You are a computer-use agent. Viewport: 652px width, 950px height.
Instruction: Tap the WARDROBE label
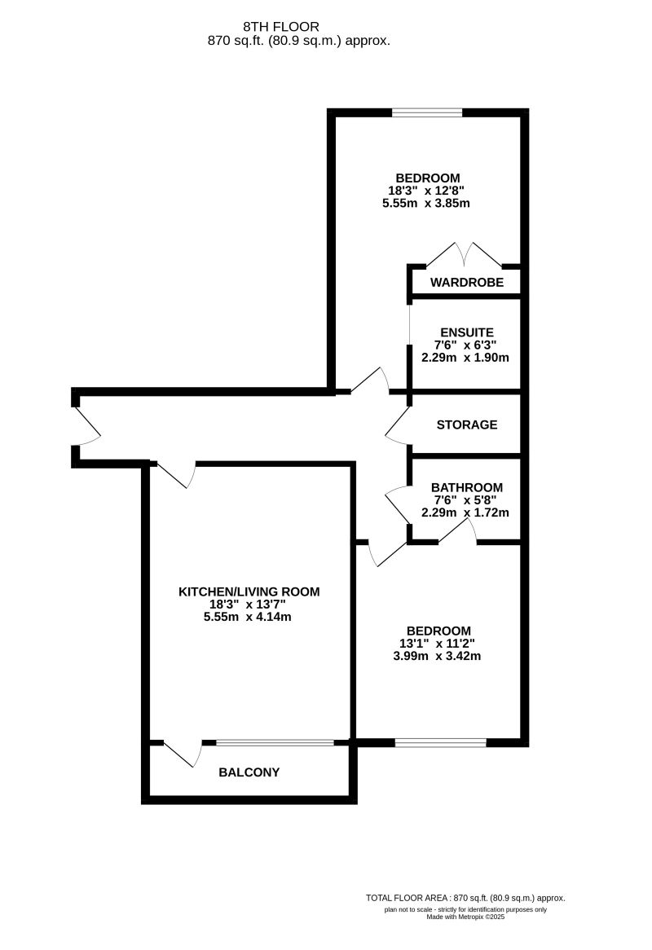(466, 283)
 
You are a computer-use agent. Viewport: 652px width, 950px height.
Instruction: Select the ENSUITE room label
(466, 332)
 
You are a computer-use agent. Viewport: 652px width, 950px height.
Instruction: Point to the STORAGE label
(466, 424)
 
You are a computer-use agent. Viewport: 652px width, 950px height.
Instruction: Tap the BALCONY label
(249, 772)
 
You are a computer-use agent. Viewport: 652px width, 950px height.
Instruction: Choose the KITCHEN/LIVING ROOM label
(249, 592)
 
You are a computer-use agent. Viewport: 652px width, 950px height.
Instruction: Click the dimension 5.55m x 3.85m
(427, 204)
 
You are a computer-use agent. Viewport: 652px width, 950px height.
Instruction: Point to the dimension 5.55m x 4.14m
(249, 617)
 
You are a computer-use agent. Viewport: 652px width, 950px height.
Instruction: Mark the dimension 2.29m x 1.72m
(465, 512)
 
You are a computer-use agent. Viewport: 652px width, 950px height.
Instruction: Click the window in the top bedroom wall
(427, 113)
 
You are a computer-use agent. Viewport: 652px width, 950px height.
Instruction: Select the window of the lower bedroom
(440, 742)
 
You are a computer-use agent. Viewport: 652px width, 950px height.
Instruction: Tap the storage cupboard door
(398, 424)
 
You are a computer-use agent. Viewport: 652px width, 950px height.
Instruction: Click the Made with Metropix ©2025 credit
(465, 917)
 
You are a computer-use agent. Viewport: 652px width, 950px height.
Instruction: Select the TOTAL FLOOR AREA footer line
(465, 897)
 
